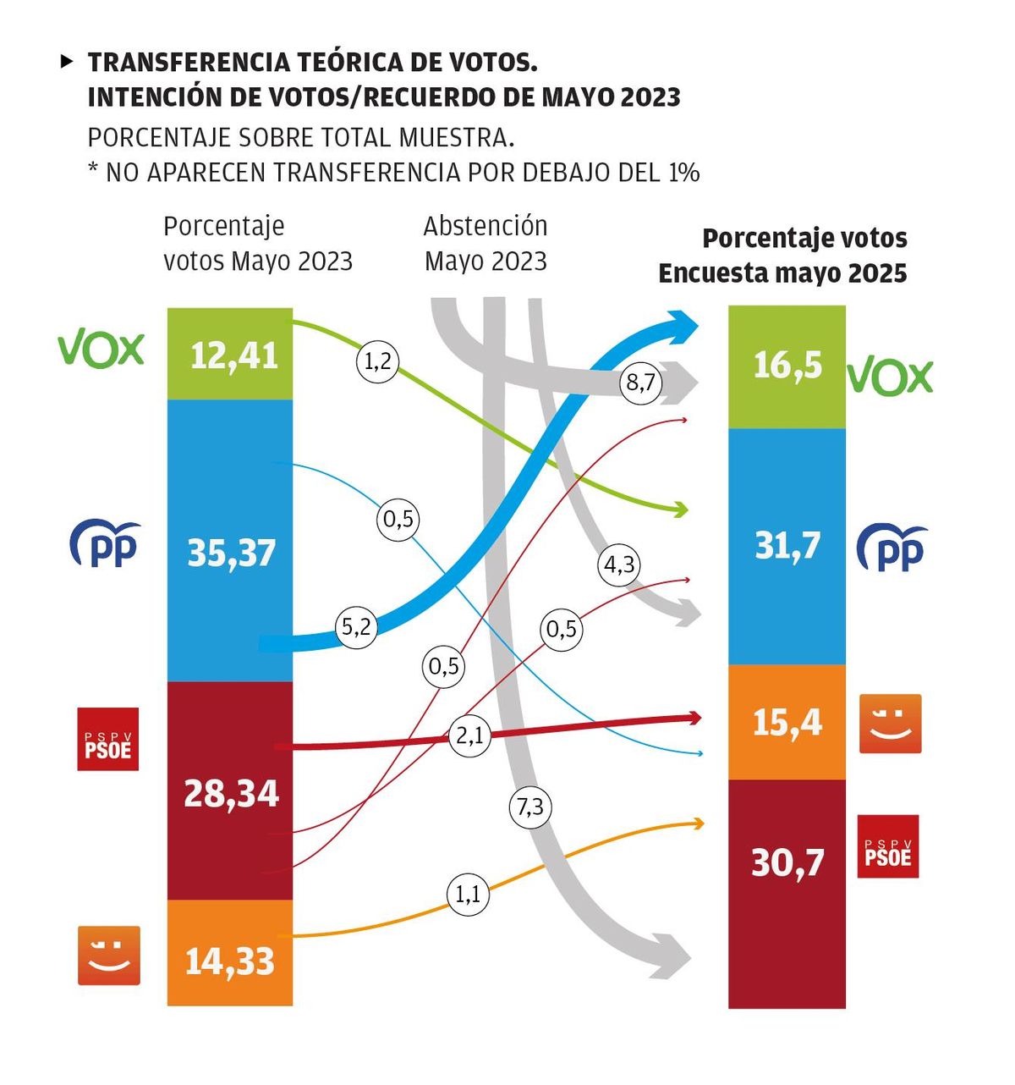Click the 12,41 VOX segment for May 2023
(230, 355)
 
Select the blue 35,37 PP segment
(230, 542)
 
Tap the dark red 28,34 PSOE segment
(230, 791)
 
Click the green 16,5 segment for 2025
(787, 366)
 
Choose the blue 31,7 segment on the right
(787, 546)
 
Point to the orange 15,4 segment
(787, 722)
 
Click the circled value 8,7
(640, 383)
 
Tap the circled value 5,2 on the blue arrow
(356, 627)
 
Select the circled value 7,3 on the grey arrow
(530, 807)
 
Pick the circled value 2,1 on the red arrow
(469, 735)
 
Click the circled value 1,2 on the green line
(377, 361)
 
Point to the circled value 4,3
(619, 565)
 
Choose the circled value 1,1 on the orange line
(467, 894)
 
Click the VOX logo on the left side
(101, 349)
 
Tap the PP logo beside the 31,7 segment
(892, 548)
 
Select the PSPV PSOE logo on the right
(888, 846)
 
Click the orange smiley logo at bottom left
(109, 956)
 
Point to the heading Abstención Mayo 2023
(486, 243)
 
